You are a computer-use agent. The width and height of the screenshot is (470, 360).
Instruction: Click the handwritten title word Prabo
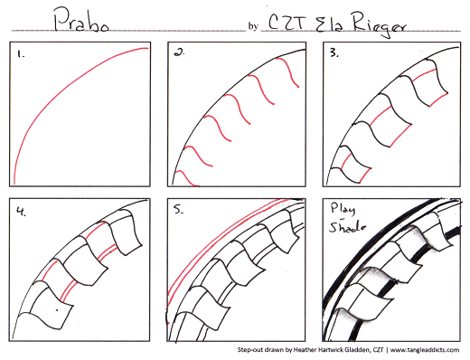point(80,20)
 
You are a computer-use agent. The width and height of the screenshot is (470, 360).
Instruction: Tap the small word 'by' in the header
point(253,26)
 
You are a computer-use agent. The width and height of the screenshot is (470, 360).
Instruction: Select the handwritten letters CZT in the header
point(287,23)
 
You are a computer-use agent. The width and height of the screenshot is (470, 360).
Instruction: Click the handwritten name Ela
point(329,24)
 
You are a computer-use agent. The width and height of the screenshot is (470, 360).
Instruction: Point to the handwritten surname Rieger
point(380,25)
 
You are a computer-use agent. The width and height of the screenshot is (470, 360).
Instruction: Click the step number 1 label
point(21,54)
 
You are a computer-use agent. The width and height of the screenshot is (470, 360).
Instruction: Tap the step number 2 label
point(179,52)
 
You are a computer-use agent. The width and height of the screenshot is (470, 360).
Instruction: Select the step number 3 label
point(334,53)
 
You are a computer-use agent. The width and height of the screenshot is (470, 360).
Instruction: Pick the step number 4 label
point(21,212)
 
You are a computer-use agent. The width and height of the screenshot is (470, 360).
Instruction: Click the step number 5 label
point(178,209)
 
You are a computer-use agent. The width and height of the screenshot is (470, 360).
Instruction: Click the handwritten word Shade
point(347,227)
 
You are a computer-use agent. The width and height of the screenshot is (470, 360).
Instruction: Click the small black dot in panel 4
point(57,309)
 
